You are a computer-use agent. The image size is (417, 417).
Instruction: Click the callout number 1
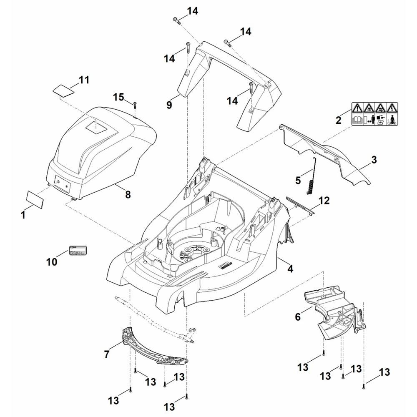pos(23,215)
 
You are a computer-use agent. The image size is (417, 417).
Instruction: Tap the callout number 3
pos(374,159)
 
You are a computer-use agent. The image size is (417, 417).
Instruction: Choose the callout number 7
pos(107,354)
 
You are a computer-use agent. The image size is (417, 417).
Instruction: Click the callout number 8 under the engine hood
pos(128,194)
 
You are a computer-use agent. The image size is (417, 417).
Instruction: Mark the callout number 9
pos(169,105)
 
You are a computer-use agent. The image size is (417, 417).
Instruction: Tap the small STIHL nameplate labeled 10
pos(78,251)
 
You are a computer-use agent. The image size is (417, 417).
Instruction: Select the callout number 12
pos(324,201)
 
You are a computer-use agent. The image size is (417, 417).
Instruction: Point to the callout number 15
pos(119,97)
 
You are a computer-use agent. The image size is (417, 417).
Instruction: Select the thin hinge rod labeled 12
pos(300,205)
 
